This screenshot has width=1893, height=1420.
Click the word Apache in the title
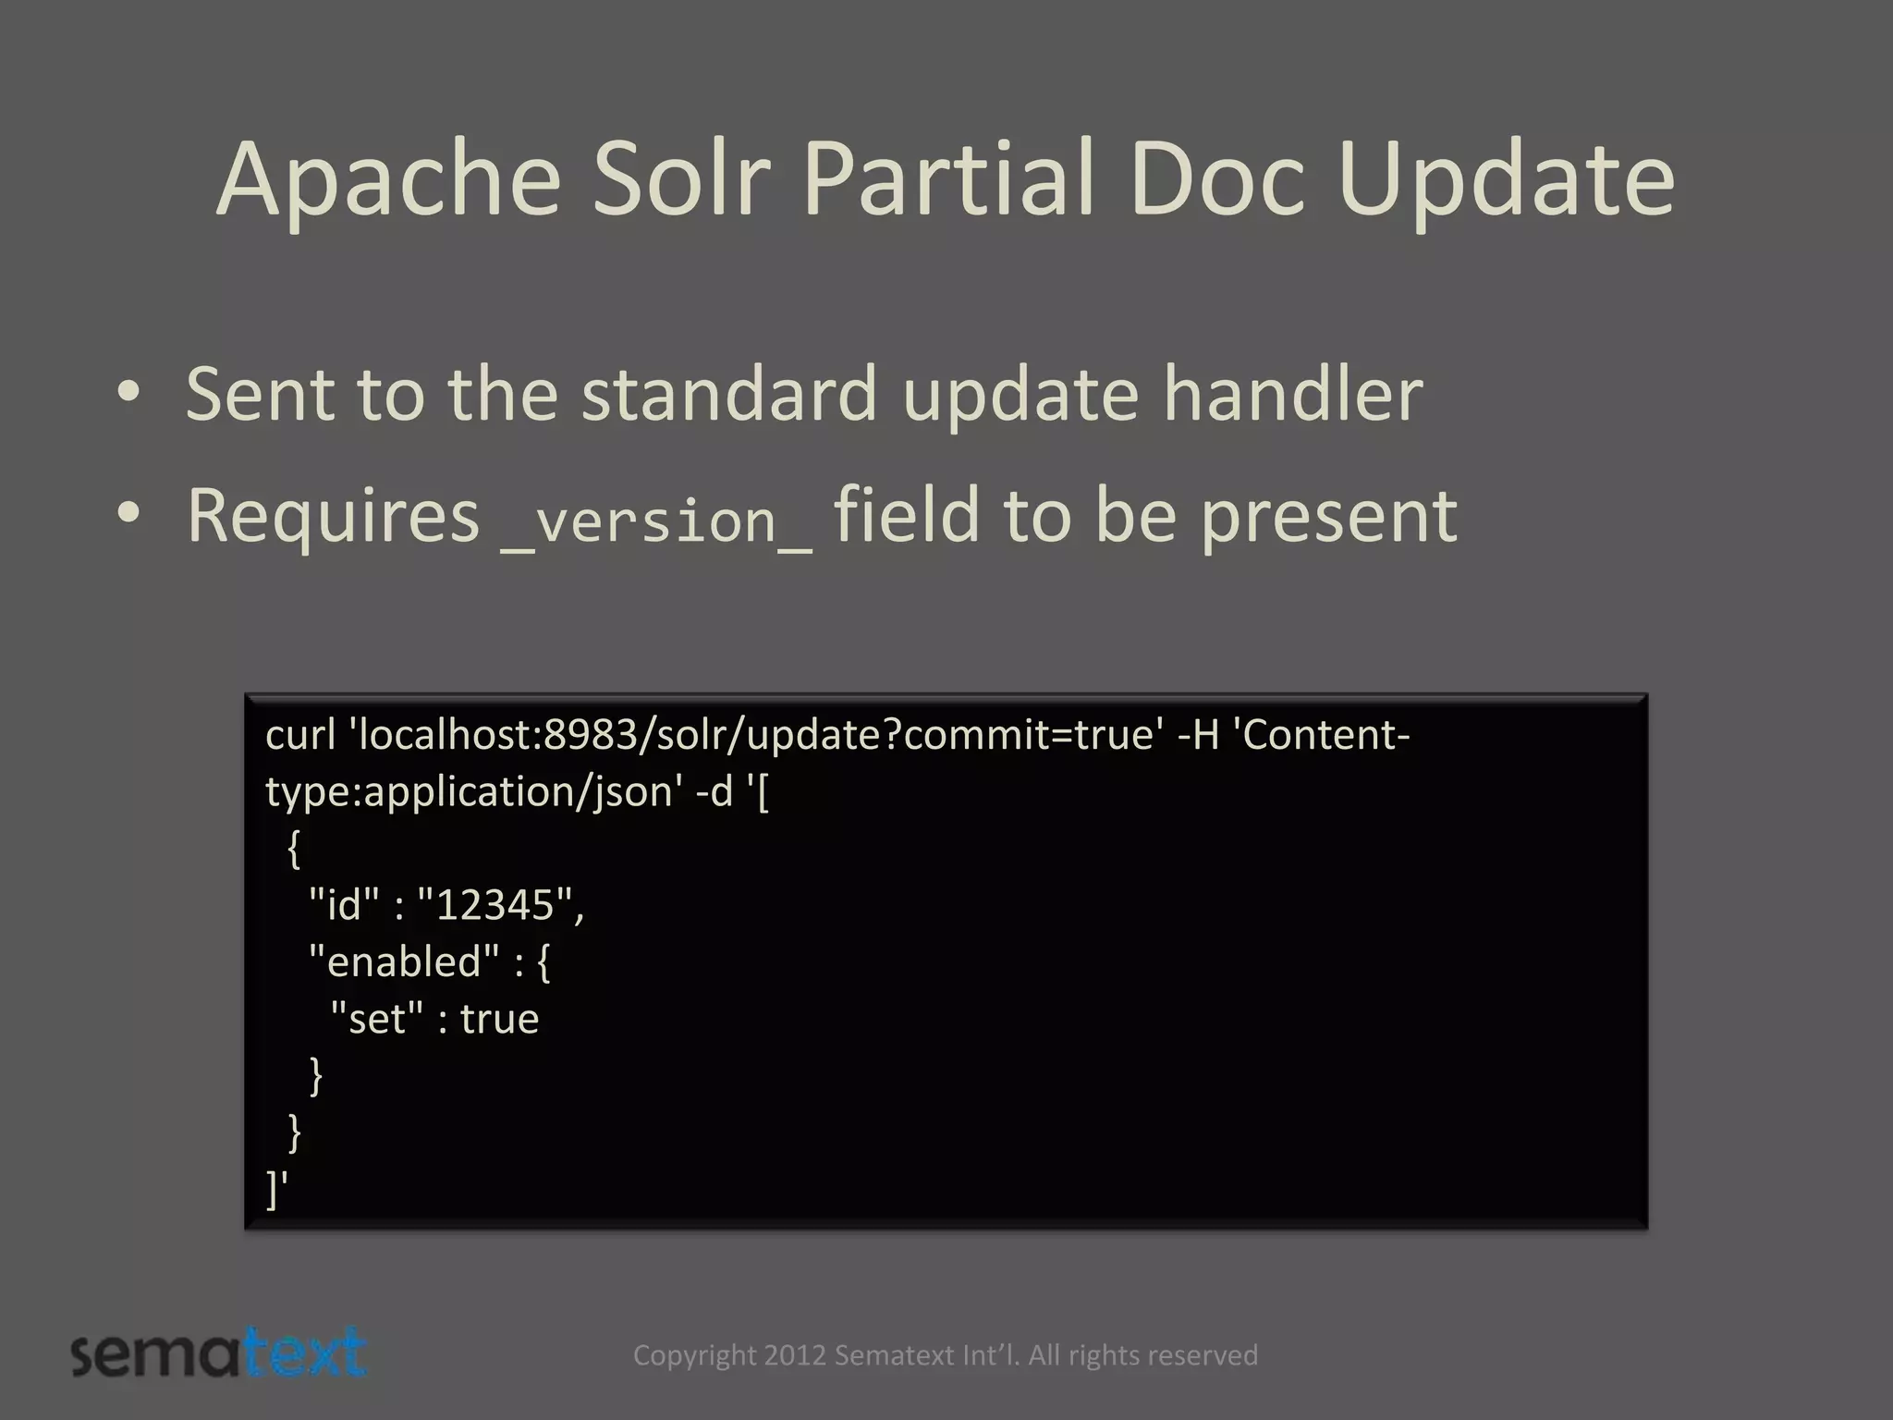click(388, 179)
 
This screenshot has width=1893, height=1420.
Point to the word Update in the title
click(1506, 179)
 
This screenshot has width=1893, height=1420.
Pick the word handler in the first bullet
click(1292, 394)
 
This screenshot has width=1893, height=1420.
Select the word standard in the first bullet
click(728, 394)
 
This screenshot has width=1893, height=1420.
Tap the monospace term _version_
click(656, 520)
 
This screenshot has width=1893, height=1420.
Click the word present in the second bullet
click(1328, 514)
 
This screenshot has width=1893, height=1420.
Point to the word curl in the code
click(300, 735)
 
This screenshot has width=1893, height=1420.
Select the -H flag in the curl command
click(1199, 735)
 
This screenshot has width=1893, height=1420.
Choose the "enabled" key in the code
click(404, 961)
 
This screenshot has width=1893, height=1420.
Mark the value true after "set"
click(499, 1019)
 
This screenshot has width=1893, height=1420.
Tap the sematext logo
click(219, 1353)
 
